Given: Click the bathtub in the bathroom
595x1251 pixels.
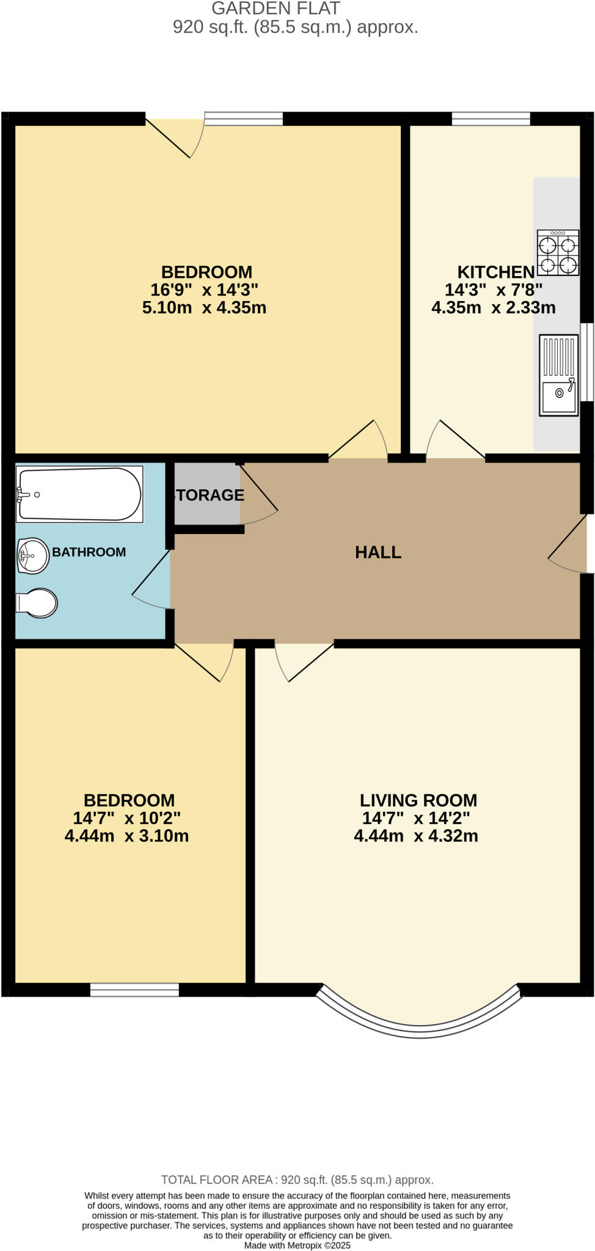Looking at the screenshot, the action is [79, 494].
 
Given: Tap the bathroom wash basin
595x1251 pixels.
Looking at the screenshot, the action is [33, 556].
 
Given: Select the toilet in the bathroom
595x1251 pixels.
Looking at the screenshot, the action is [37, 603].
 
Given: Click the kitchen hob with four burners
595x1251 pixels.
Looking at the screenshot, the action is [558, 252].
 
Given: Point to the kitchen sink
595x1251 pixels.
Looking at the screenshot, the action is [558, 375].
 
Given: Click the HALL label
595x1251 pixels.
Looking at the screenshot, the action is [378, 552].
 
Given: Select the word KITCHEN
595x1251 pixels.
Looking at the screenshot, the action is [495, 272].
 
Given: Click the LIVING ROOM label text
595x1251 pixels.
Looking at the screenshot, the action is [418, 800].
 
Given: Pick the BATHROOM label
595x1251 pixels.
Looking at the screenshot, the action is [89, 552].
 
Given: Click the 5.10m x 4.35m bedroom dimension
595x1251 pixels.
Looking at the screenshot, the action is [204, 307].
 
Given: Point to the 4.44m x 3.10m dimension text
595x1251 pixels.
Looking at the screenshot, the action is [126, 836].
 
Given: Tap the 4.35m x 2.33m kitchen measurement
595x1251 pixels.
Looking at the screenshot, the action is [494, 307].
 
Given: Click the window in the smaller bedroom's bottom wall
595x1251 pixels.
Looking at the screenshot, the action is [134, 990].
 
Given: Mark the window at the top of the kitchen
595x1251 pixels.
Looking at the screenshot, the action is [491, 119].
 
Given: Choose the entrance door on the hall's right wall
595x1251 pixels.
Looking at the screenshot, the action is [569, 544].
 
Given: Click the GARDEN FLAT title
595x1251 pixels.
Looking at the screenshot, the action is [276, 9].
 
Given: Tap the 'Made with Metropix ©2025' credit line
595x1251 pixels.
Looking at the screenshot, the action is [297, 1245].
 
